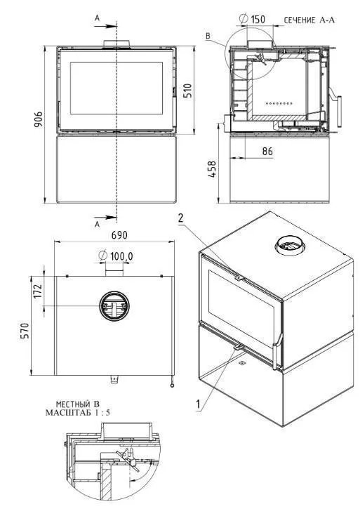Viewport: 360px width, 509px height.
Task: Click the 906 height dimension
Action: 39,119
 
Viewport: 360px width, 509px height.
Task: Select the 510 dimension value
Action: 187,91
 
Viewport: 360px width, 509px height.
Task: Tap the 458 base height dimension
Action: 212,168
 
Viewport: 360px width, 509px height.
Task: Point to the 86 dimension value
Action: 267,151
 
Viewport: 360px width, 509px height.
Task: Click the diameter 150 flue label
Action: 252,19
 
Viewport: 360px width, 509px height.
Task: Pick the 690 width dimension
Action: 119,235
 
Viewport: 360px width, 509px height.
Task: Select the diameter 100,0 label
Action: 116,256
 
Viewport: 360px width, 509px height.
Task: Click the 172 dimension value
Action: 39,291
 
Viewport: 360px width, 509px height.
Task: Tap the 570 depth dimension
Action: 25,331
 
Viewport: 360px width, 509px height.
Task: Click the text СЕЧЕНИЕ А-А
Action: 309,20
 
